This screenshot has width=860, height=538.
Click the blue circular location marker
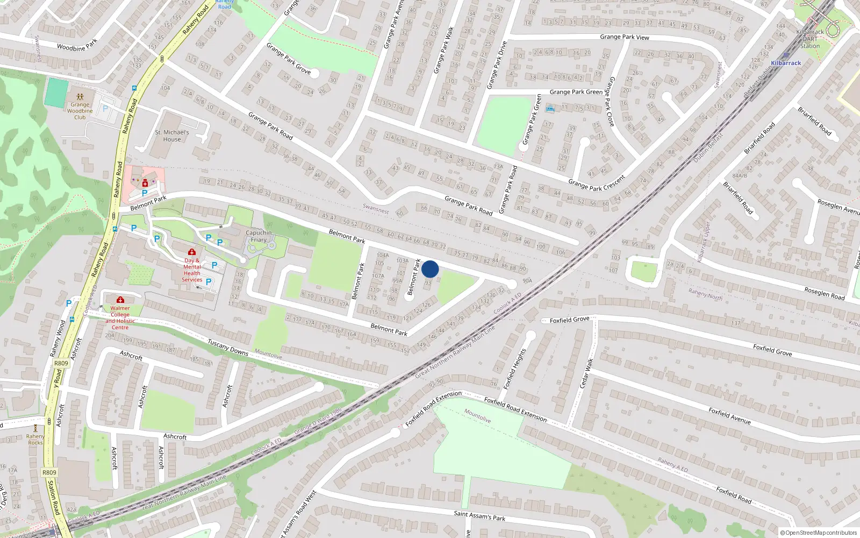click(x=430, y=269)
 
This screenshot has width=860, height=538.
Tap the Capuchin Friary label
click(x=259, y=236)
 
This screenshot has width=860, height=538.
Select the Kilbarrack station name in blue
click(x=785, y=63)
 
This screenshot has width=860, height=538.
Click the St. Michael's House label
click(x=172, y=136)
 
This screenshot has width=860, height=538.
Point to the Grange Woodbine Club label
click(x=80, y=111)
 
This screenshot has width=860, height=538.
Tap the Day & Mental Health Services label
click(x=192, y=270)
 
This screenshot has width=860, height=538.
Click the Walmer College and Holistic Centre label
click(x=120, y=317)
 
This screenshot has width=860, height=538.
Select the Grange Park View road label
click(x=624, y=37)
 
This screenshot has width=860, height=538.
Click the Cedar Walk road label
click(x=586, y=373)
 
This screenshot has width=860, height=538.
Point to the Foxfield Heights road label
click(x=514, y=369)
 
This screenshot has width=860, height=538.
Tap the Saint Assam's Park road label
click(x=479, y=515)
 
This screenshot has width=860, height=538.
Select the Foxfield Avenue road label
click(x=729, y=415)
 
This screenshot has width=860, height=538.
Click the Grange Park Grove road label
click(x=288, y=58)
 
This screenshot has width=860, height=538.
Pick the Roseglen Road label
click(x=824, y=294)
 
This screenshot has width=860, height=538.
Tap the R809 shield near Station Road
click(x=49, y=472)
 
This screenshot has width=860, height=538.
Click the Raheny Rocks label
click(x=35, y=440)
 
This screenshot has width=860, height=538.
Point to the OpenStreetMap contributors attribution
click(x=819, y=533)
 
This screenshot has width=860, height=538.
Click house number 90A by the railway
click(x=527, y=280)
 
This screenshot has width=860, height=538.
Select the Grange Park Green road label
click(x=576, y=92)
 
